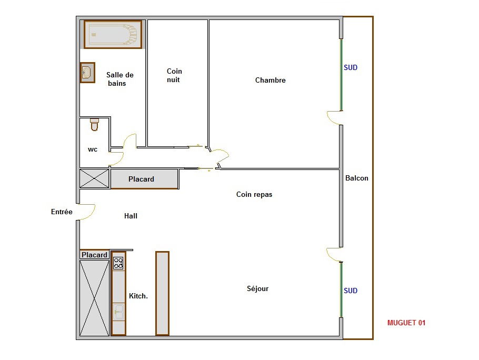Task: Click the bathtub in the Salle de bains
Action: pos(113,34)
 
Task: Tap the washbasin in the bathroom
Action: pos(87,72)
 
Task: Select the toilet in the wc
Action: pos(94,125)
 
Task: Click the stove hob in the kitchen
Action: pos(118,263)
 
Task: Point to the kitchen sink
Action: pos(118,312)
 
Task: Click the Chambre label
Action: pos(271,80)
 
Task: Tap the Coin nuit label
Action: pos(174,75)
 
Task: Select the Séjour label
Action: pos(257,288)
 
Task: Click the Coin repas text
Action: pos(254,194)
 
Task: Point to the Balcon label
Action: pos(357,178)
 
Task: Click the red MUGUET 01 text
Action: pos(406,323)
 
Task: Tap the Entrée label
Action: pos(62,212)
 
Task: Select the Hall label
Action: pos(131,216)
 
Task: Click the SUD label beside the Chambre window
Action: pos(351,67)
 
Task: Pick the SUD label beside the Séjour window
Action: pos(351,291)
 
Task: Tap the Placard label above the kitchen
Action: pos(94,255)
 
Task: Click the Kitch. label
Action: pos(138,296)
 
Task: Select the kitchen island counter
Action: pos(162,293)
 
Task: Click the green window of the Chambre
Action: pos(342,75)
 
